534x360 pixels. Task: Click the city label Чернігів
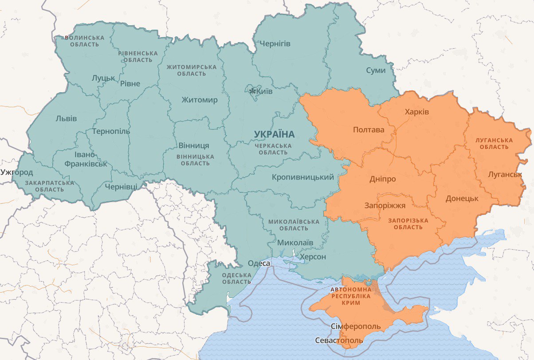tap(275, 43)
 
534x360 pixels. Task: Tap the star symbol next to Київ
tap(252, 91)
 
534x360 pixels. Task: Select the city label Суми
tap(376, 70)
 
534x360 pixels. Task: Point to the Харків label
tap(417, 112)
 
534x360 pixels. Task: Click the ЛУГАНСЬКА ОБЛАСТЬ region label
tap(494, 143)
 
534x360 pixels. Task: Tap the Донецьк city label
tap(462, 198)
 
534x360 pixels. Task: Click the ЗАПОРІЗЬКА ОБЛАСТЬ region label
tap(408, 223)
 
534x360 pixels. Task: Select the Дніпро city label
tap(382, 179)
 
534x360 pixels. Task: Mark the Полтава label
tap(369, 130)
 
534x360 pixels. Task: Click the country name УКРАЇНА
tap(274, 134)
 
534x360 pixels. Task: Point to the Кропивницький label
tap(303, 177)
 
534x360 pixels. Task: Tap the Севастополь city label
tap(338, 340)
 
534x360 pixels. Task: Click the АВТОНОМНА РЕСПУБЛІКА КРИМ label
tap(351, 296)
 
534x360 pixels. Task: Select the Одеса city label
tap(259, 263)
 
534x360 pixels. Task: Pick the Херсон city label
tap(313, 257)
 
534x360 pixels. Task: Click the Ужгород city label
tap(17, 172)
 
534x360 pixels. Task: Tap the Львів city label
tap(66, 118)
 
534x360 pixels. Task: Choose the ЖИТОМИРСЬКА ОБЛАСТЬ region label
tap(192, 70)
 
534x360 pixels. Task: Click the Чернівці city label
tap(121, 187)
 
